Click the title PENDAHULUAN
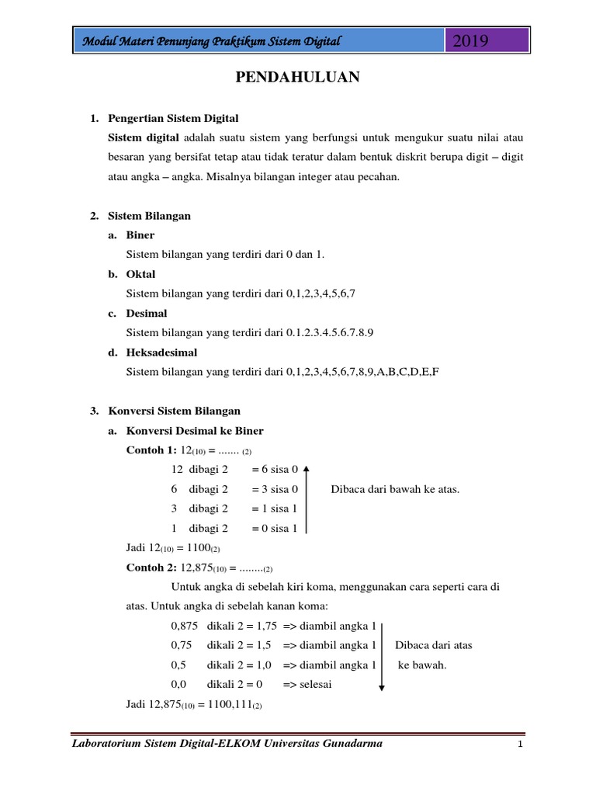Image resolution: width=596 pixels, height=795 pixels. (x=298, y=77)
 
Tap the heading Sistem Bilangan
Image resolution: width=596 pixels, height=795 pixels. (x=148, y=216)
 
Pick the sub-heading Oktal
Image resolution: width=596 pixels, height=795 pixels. (x=140, y=274)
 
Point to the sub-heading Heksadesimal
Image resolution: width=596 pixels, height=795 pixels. (x=161, y=352)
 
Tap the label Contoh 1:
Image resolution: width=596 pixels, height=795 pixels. (x=151, y=450)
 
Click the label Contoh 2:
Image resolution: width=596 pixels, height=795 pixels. (x=151, y=568)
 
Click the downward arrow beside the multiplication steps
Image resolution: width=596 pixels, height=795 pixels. (x=383, y=654)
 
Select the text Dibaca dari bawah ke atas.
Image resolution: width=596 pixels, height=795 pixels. (x=395, y=489)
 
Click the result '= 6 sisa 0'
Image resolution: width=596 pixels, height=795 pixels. (x=274, y=470)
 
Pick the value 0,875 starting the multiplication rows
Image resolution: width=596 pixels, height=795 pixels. (x=184, y=626)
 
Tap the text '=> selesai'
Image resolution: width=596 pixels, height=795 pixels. (x=308, y=685)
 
